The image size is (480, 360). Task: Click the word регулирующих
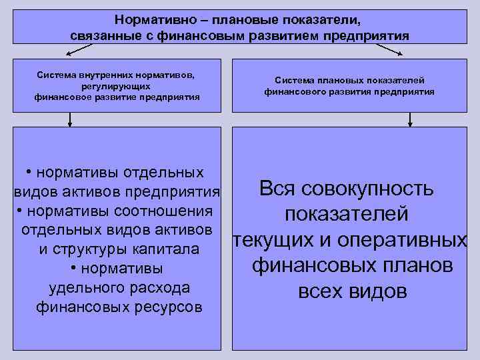point(117,87)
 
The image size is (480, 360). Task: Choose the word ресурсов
point(169,307)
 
